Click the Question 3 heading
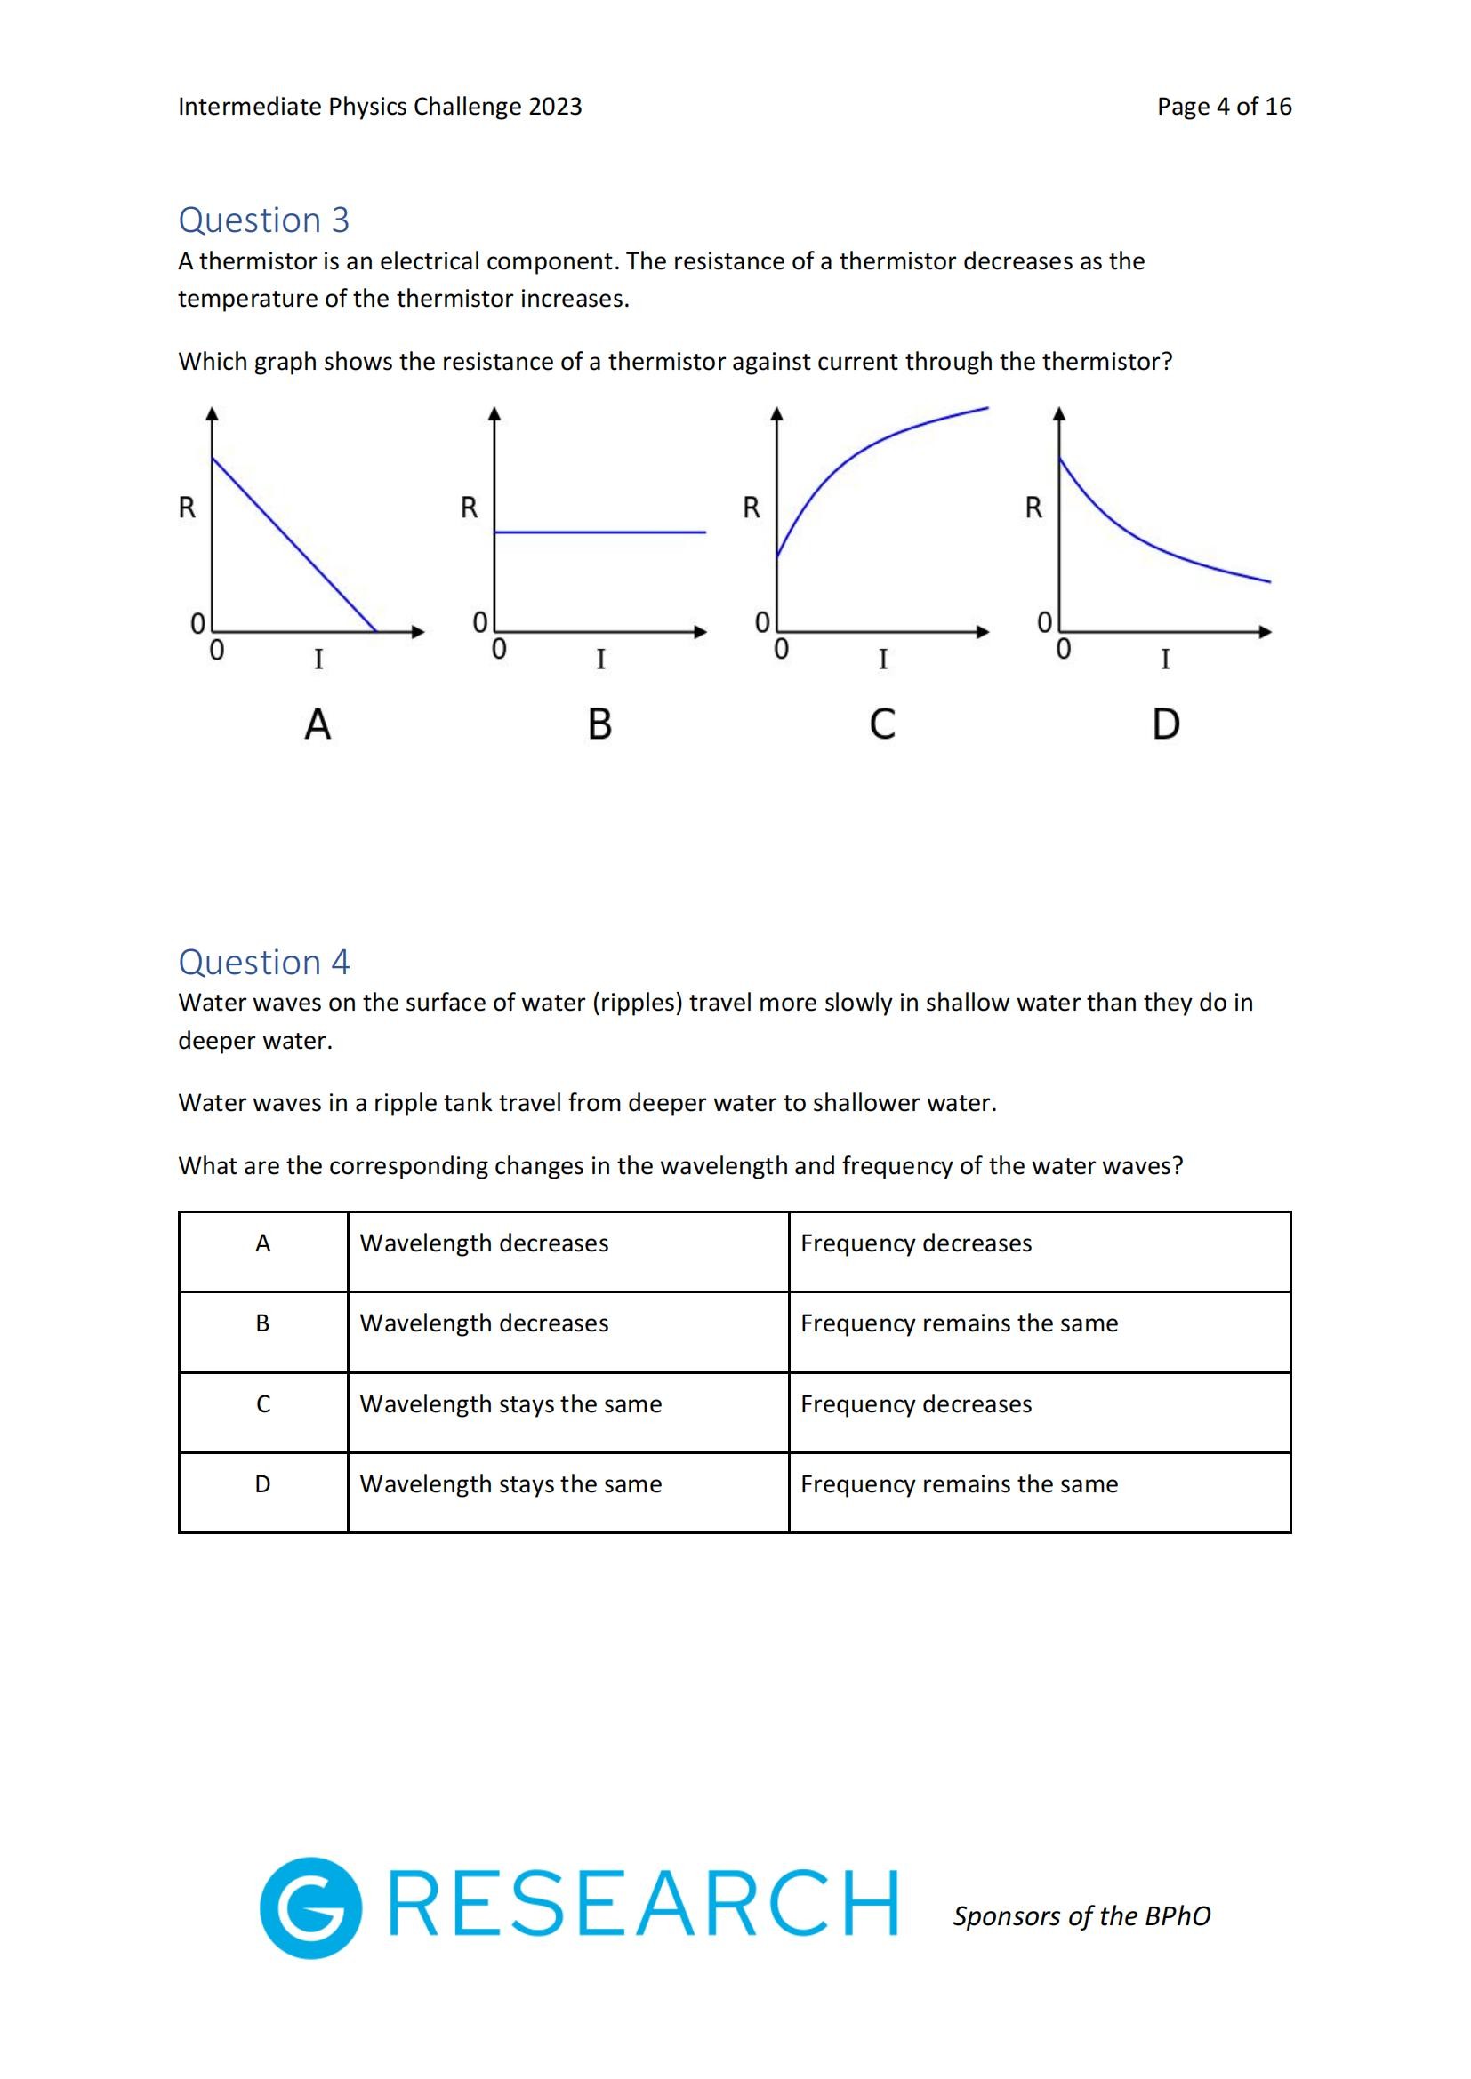pos(263,220)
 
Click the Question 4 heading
pos(263,962)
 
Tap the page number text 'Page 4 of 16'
pos(1224,107)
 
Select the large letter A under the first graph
pos(317,724)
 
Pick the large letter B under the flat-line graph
pos(599,724)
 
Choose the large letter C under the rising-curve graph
pos(882,724)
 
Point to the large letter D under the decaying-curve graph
pos(1166,724)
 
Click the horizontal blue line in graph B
pos(599,532)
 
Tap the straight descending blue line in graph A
pos(294,544)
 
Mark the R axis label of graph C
pos(751,508)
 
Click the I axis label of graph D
pos(1165,660)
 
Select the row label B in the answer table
pos(262,1323)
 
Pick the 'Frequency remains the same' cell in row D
pos(960,1484)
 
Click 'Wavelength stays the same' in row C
pos(510,1404)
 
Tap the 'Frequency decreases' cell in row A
pos(916,1243)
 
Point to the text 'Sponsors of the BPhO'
pos(1081,1916)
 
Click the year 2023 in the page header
pos(555,107)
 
